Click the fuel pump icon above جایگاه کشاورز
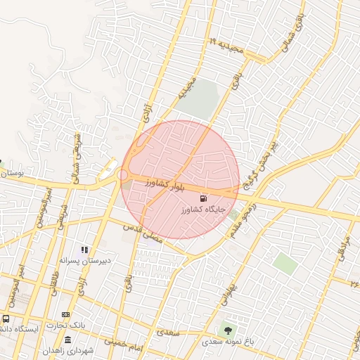(x=205, y=198)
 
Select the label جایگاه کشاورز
(x=202, y=210)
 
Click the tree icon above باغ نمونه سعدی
(x=227, y=328)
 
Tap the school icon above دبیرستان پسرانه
(x=85, y=250)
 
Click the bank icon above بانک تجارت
(x=66, y=314)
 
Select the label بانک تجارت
(x=68, y=325)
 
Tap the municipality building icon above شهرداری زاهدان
(x=67, y=340)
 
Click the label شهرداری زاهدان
(x=67, y=350)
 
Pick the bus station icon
(x=6, y=319)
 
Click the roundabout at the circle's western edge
(x=122, y=174)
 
